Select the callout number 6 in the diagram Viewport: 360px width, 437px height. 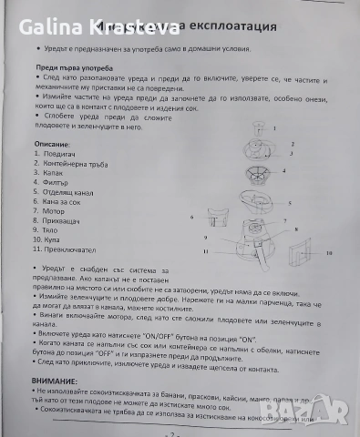tap(193, 218)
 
